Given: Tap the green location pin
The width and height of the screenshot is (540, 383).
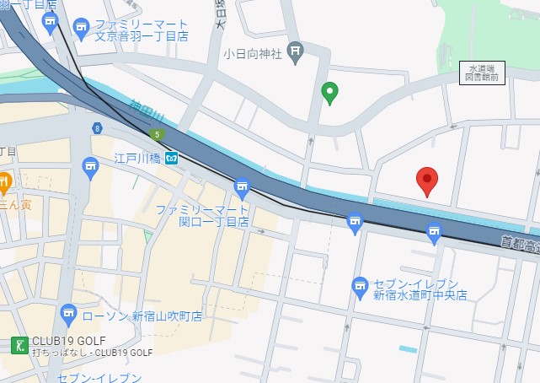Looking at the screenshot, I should click(x=331, y=92).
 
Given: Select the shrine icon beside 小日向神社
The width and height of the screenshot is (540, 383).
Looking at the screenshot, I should click(x=295, y=52).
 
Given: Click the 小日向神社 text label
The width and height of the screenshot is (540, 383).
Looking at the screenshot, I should click(x=253, y=53).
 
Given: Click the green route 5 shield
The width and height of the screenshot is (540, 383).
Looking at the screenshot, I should click(x=156, y=134).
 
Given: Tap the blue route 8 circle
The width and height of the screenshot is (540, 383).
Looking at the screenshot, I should click(x=98, y=127).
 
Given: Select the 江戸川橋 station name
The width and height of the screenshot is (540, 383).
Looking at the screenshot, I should click(x=136, y=158).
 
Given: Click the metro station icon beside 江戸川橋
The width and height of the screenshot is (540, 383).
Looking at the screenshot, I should click(x=171, y=158).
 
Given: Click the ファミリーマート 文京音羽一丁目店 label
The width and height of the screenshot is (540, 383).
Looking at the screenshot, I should click(x=140, y=30).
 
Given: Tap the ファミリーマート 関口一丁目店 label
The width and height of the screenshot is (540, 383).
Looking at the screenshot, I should click(x=202, y=215).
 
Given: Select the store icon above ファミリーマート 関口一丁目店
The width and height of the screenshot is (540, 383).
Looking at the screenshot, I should click(x=243, y=186).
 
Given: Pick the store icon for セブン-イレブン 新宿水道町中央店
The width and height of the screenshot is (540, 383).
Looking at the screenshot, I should click(x=360, y=285).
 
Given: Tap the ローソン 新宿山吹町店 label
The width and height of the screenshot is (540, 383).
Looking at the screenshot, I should click(x=143, y=316).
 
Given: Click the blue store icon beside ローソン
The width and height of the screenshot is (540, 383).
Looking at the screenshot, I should click(x=68, y=316).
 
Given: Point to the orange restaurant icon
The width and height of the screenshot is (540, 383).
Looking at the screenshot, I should click(x=3, y=180).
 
